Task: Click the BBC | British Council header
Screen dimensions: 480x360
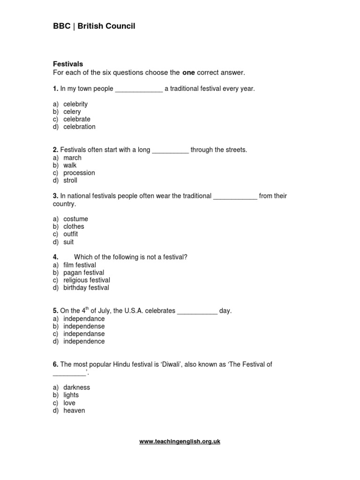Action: click(94, 26)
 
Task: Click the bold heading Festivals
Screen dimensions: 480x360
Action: click(68, 64)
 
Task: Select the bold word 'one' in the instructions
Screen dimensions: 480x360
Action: click(188, 73)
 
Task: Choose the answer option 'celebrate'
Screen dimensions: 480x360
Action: click(77, 119)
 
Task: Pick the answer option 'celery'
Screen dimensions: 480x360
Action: click(72, 112)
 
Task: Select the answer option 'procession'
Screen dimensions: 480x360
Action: click(79, 173)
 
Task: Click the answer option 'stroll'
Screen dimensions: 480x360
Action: click(70, 180)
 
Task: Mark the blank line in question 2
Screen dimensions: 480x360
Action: click(171, 150)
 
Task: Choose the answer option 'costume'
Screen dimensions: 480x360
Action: click(75, 219)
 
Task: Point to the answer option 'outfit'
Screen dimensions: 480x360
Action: click(71, 234)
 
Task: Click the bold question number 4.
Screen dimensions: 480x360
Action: click(55, 257)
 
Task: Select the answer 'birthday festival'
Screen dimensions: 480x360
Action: click(86, 287)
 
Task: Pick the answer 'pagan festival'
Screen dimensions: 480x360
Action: click(84, 272)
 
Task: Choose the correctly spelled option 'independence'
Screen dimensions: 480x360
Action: click(84, 341)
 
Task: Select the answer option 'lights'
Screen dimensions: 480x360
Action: click(71, 395)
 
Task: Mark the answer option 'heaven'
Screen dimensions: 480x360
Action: click(75, 411)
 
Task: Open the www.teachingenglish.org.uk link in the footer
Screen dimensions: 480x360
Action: click(180, 442)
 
